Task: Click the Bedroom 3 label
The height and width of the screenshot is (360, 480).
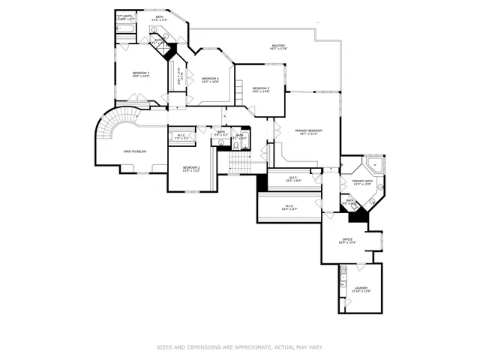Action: (x=136, y=73)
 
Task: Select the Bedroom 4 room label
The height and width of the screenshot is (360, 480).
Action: (x=211, y=78)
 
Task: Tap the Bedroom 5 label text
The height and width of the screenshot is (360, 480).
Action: (x=260, y=88)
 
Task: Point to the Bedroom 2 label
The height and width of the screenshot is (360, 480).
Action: (x=191, y=167)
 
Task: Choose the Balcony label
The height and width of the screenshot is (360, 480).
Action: (x=278, y=46)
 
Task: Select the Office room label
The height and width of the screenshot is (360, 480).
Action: (x=347, y=239)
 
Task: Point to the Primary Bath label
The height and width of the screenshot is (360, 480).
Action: (x=363, y=181)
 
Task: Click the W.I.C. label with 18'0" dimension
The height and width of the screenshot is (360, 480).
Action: (x=289, y=206)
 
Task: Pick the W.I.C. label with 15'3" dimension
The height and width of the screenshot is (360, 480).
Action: (x=294, y=178)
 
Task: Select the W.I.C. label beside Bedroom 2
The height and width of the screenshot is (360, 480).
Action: (x=180, y=136)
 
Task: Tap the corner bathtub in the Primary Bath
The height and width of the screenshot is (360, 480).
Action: (x=374, y=165)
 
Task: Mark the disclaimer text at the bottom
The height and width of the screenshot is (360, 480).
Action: (x=239, y=347)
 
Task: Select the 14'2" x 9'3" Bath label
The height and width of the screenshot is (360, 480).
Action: (x=160, y=19)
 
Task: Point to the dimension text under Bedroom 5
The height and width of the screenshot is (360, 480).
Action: (x=260, y=92)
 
